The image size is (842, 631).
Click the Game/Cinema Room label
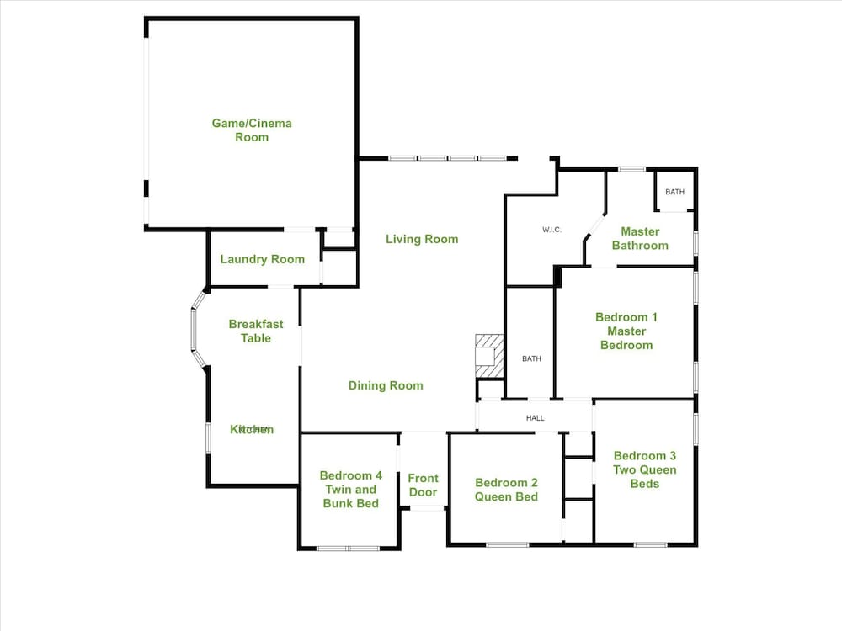(252, 130)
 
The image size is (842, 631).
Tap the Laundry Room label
(263, 259)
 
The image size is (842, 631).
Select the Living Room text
(422, 239)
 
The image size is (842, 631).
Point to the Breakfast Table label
(256, 331)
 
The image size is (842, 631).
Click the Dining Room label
(386, 385)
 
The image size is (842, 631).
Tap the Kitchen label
(252, 429)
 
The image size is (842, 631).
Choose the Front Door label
(424, 485)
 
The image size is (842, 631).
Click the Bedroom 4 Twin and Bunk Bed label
(350, 490)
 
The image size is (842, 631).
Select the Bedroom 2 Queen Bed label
(506, 490)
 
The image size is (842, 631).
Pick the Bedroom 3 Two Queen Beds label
(644, 469)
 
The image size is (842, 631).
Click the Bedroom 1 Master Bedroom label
(626, 331)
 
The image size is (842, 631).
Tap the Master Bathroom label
(640, 238)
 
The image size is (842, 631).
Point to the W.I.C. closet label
(552, 230)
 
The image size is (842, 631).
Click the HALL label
(536, 417)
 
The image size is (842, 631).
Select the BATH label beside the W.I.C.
(531, 358)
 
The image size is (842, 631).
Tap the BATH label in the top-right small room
(675, 192)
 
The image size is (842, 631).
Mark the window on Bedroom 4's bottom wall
(349, 549)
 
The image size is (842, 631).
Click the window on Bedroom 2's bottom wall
(508, 544)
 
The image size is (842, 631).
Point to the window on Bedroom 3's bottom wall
(651, 544)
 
